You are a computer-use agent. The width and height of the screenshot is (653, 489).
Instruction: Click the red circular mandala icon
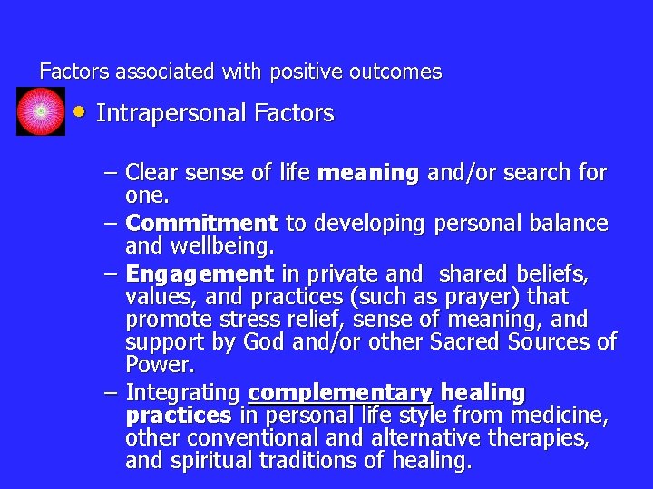click(41, 111)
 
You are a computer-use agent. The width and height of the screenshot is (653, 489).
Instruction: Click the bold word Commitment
click(201, 223)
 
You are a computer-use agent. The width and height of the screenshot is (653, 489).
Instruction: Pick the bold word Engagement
click(200, 273)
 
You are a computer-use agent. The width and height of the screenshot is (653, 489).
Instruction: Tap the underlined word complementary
click(340, 393)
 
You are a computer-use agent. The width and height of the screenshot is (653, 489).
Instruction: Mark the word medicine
click(562, 417)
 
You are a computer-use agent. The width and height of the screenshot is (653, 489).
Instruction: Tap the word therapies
click(543, 439)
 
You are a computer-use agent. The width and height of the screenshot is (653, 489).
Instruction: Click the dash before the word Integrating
click(111, 393)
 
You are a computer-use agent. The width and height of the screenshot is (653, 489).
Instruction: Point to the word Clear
click(154, 172)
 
